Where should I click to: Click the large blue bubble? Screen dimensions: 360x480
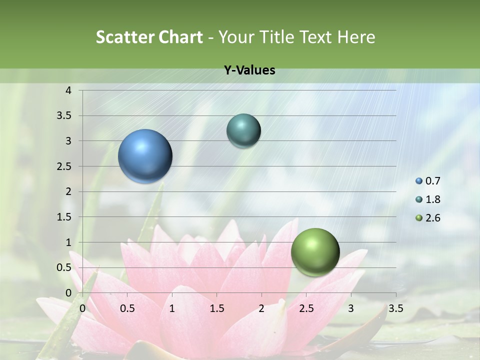(145, 156)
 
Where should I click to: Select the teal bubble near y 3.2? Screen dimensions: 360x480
(243, 130)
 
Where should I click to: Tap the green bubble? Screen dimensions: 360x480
(315, 252)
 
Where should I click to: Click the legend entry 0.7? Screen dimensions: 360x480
(433, 181)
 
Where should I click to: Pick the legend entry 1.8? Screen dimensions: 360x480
(433, 199)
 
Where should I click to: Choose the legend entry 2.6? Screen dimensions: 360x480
(433, 218)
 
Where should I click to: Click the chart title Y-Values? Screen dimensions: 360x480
(249, 70)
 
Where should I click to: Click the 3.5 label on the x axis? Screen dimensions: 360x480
(395, 308)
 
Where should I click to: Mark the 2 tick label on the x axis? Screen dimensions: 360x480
(261, 308)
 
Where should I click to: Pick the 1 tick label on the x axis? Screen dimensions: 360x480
(172, 308)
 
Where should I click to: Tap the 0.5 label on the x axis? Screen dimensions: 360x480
(127, 308)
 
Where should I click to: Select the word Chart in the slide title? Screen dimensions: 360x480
(180, 37)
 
